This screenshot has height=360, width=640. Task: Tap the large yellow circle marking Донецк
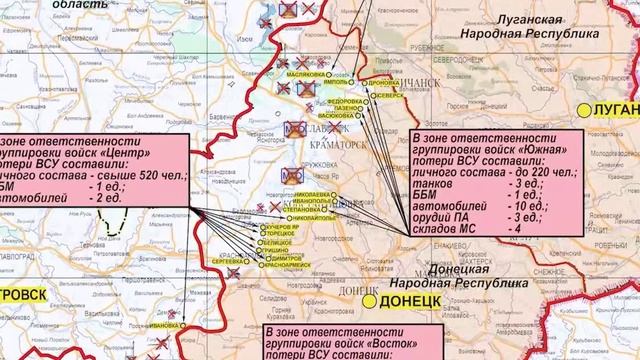coord(370,300)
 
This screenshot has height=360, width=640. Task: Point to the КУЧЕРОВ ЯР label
coord(283,229)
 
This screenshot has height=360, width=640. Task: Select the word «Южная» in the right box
coord(547,151)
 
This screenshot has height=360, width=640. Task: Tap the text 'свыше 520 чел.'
coord(142,175)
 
